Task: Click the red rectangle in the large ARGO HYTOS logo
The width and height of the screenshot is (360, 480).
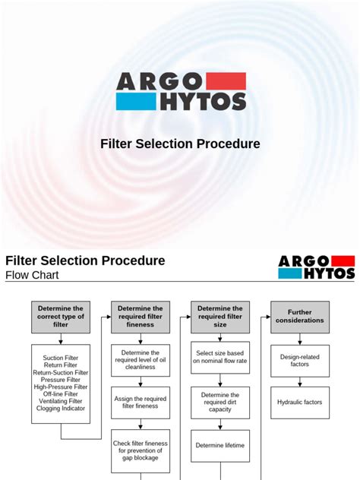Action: [x=226, y=81]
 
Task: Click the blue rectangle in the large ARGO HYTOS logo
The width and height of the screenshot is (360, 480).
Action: [x=134, y=101]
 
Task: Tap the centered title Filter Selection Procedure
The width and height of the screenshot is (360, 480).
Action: [x=180, y=144]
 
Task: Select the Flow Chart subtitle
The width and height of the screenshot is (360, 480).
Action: [x=34, y=276]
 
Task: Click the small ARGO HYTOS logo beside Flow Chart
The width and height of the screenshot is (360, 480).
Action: [x=316, y=267]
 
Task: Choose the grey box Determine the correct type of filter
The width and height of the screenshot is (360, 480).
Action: [x=60, y=317]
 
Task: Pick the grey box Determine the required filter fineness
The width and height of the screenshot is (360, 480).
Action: [x=141, y=317]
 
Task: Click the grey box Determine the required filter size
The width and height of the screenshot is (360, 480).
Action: [x=220, y=317]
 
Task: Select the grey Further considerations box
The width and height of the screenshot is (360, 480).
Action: [x=300, y=317]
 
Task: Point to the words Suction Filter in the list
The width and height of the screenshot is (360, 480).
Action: [x=60, y=357]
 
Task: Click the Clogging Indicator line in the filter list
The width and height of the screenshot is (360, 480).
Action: [x=60, y=409]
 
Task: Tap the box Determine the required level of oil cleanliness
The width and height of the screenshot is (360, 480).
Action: [x=141, y=361]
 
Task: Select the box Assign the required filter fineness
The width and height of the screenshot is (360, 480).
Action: [x=141, y=403]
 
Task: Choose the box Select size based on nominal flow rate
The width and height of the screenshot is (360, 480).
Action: [x=220, y=357]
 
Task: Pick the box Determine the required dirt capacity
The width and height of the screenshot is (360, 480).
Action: [x=220, y=403]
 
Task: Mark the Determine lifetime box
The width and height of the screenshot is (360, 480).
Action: [x=220, y=445]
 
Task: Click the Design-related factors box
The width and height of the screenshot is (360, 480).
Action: [x=300, y=359]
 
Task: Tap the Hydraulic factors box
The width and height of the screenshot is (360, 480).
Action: [x=300, y=401]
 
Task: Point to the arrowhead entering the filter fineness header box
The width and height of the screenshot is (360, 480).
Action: [x=109, y=317]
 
